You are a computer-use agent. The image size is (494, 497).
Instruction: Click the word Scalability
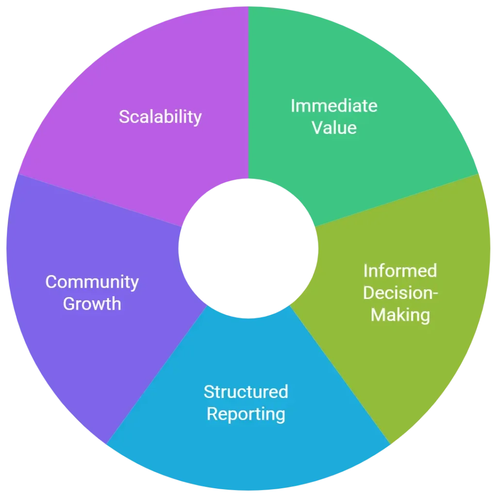tap(160, 117)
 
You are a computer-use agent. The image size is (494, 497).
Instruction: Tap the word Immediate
tap(334, 105)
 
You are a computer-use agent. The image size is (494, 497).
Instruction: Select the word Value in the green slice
tap(334, 128)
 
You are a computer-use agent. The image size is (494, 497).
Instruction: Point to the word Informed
tap(400, 270)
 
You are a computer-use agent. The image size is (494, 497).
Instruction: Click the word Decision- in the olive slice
tap(400, 293)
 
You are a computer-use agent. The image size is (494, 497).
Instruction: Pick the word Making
tap(400, 315)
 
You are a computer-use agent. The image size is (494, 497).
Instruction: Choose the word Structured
tap(246, 391)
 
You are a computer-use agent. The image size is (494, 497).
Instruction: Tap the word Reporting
tap(246, 414)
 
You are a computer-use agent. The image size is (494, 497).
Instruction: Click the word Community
tap(92, 282)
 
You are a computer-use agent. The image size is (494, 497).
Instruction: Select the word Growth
tap(92, 304)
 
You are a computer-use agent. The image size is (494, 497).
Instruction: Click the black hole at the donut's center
tap(248, 248)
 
